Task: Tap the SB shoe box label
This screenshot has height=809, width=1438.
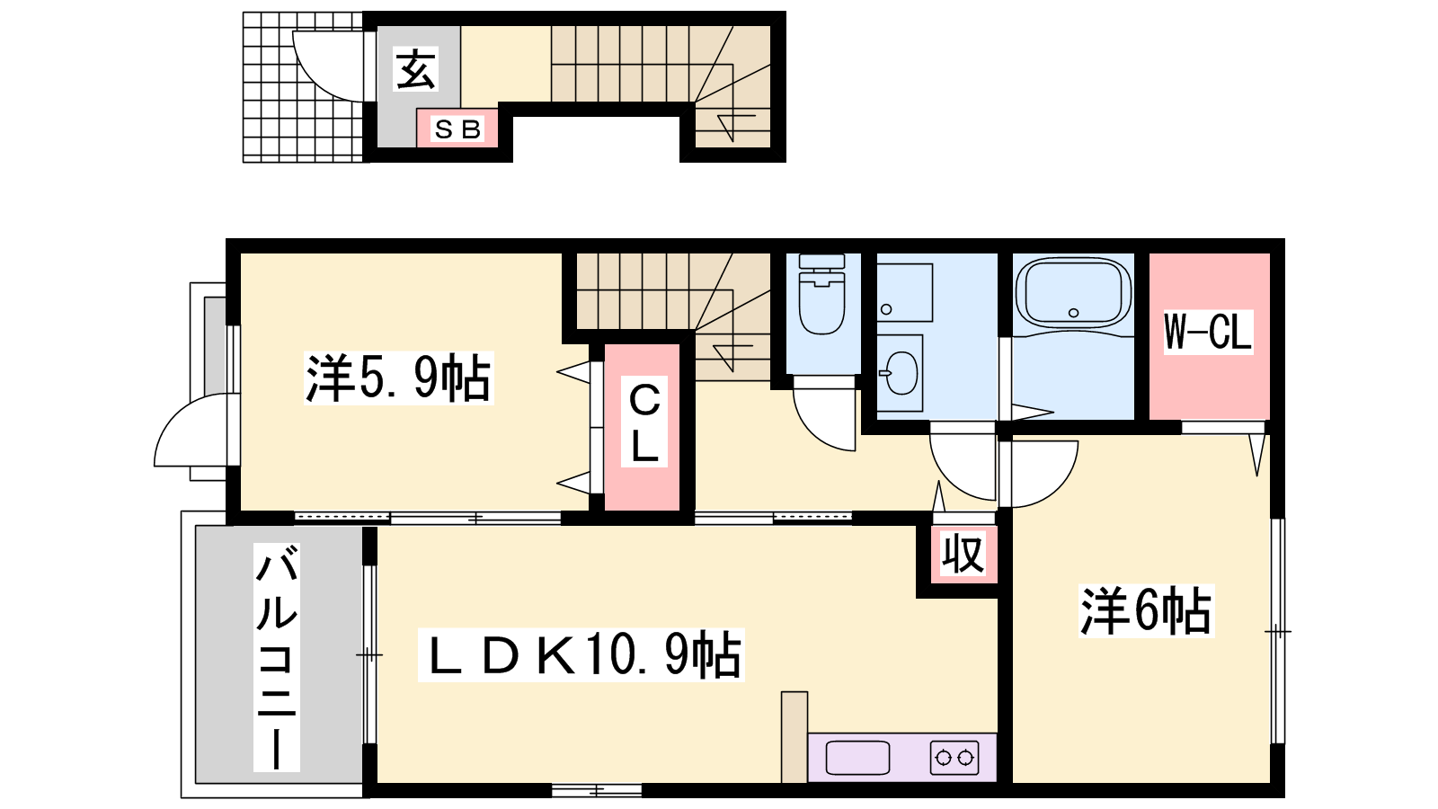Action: (x=457, y=129)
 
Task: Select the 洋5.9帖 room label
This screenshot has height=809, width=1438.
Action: (x=399, y=378)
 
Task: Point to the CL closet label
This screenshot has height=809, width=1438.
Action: (x=644, y=422)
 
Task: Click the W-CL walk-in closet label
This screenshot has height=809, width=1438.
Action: (x=1208, y=332)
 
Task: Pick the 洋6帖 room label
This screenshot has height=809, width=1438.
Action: (x=1146, y=610)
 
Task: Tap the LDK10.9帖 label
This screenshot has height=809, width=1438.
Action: (x=581, y=654)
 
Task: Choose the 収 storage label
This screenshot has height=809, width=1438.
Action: (x=963, y=554)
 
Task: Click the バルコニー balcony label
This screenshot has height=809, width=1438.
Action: (x=277, y=657)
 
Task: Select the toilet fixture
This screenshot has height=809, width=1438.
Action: (x=821, y=294)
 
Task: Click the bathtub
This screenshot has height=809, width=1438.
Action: (x=1073, y=295)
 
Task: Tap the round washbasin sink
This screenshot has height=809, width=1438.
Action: (x=900, y=372)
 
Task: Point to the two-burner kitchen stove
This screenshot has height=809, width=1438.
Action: (x=954, y=758)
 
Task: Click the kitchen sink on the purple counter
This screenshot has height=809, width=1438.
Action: (x=857, y=758)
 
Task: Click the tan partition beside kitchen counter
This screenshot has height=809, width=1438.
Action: (x=794, y=736)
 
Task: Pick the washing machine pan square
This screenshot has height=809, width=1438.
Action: (x=904, y=292)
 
